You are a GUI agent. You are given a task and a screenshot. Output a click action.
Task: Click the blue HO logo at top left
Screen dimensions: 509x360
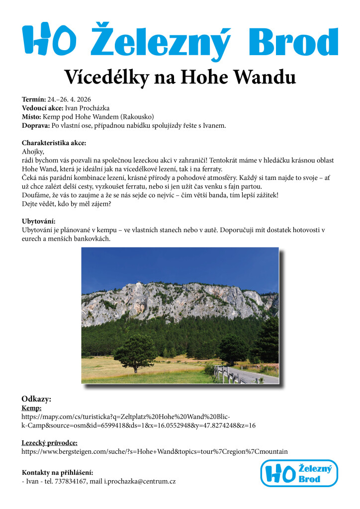pos(49,38)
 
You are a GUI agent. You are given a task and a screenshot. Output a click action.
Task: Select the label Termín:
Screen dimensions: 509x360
pos(34,99)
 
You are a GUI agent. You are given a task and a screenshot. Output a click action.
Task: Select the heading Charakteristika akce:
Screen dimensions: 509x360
pos(54,143)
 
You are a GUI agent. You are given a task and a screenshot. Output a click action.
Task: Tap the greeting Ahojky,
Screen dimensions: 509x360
pos(33,152)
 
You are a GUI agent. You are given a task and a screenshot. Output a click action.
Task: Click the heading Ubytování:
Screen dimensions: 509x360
pos(38,221)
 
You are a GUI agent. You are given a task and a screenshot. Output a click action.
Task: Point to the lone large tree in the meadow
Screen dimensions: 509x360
pos(135,351)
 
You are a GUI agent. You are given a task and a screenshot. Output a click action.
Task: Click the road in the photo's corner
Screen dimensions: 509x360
pos(261,376)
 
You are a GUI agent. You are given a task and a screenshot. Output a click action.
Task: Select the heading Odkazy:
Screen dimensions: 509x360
pos(36,399)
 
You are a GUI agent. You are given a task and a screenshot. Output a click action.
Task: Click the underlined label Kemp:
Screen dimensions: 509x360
pos(31,408)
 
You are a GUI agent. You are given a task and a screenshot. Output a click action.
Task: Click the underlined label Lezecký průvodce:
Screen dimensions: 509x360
pos(49,443)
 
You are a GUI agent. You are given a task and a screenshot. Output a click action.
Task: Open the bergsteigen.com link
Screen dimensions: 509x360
pos(155,452)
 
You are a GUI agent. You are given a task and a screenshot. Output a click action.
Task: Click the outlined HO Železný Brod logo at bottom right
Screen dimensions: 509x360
pos(299,473)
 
